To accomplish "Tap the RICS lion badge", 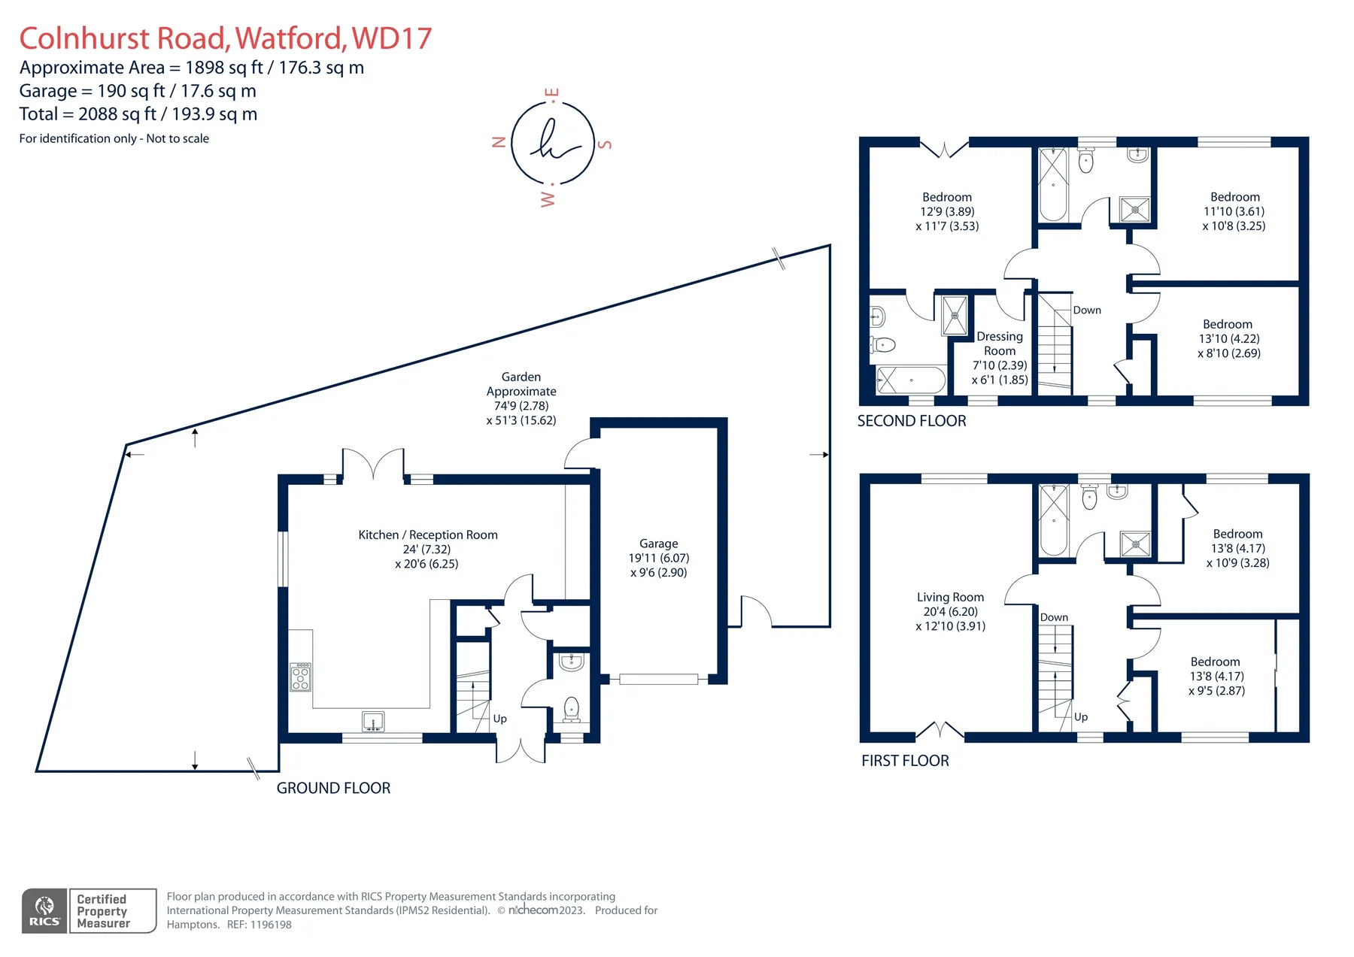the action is click(45, 910).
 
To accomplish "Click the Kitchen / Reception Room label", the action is click(427, 549).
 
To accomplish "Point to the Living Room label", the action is click(950, 611).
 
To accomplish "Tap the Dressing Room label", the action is click(1000, 358).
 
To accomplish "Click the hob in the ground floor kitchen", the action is click(300, 677).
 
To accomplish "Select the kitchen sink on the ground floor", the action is click(373, 722).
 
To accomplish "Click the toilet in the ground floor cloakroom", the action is click(572, 710).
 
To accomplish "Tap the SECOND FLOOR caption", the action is click(912, 421).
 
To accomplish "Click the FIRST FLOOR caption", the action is click(905, 761).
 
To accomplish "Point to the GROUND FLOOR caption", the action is click(333, 788).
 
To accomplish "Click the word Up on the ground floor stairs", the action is click(499, 719).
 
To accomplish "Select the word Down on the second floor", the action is click(1087, 310).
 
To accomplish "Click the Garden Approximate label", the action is click(521, 398).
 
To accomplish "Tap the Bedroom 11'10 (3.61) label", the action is click(1234, 211).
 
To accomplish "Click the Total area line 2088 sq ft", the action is click(138, 114).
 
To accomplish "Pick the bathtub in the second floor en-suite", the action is click(911, 380).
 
